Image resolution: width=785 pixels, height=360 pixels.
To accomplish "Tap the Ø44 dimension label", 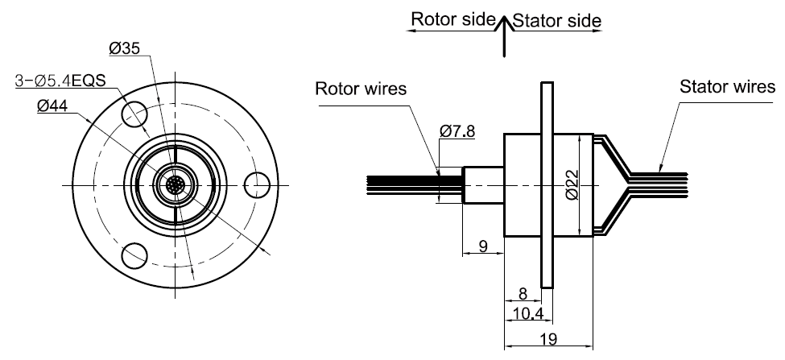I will coord(52,106).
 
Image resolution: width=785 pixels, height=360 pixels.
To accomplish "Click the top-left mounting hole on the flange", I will coord(134,110).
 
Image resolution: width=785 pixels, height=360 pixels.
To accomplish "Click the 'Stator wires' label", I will coord(728,85).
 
